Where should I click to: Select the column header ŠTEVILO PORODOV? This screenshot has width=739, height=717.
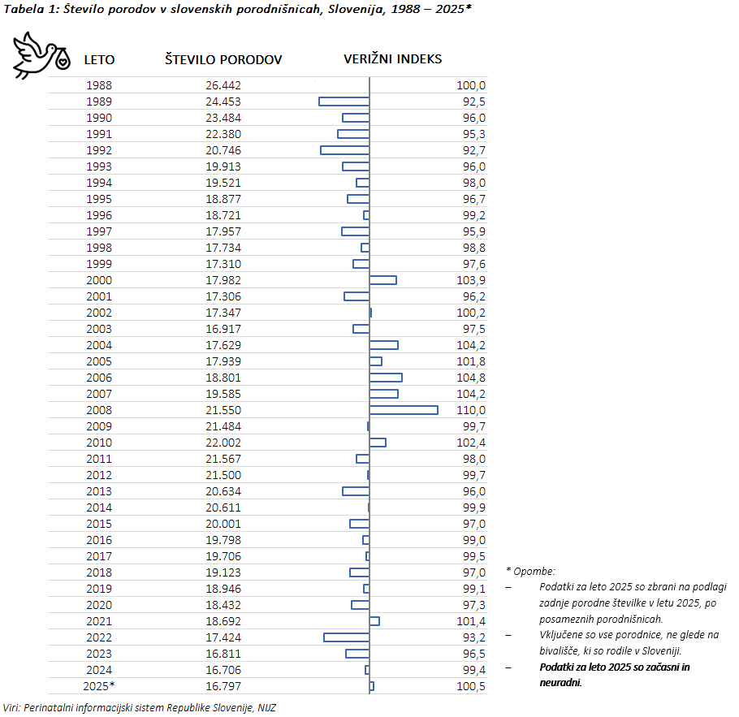223,59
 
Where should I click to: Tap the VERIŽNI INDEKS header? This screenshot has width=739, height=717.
393,59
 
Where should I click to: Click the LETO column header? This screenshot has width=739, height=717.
99,59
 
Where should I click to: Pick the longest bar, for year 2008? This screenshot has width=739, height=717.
404,410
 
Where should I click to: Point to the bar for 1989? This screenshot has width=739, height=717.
344,102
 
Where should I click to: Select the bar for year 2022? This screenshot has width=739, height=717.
346,637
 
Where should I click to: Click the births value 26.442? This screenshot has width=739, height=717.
223,85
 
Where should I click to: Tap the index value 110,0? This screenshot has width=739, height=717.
471,410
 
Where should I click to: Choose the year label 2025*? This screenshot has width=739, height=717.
99,686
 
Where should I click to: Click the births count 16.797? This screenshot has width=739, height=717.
223,686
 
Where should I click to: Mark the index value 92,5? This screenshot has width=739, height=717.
473,102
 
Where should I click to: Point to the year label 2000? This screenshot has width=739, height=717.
99,280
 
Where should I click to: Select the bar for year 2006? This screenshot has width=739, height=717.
386,378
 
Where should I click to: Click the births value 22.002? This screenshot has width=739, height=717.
223,443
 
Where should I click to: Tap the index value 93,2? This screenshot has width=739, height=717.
473,637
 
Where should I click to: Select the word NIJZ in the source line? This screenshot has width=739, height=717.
266,708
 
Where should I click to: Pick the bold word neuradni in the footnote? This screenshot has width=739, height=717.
560,682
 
